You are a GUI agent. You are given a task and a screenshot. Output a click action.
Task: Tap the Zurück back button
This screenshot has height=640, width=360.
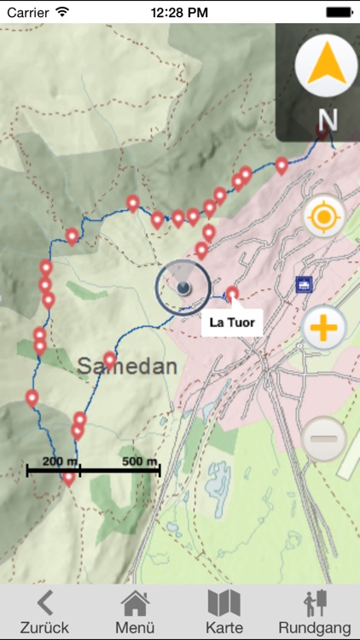tap(44, 612)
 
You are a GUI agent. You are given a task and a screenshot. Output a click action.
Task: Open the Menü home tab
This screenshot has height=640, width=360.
tap(135, 612)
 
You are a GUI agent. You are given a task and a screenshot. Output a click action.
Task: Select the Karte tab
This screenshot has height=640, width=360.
tap(224, 612)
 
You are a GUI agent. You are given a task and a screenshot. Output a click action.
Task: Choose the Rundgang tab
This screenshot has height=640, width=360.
tap(314, 612)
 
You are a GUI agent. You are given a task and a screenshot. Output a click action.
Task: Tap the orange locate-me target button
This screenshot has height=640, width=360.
tap(323, 217)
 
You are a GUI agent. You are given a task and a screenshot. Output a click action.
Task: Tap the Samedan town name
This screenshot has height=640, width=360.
tap(127, 367)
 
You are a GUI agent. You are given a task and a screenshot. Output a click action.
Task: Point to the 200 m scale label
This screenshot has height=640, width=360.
tap(61, 462)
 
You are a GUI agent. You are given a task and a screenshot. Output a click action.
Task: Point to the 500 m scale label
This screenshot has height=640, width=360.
tap(140, 462)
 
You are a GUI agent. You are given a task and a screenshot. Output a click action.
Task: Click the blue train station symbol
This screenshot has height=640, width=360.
tap(303, 284)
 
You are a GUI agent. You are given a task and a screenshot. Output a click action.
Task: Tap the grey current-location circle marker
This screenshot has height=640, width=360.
tap(183, 288)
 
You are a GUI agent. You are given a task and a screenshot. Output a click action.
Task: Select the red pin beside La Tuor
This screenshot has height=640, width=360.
tap(232, 294)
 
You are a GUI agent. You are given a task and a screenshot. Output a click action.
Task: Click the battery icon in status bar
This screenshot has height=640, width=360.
tap(337, 12)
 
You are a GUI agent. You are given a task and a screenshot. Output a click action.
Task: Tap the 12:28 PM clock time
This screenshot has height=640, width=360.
tap(179, 12)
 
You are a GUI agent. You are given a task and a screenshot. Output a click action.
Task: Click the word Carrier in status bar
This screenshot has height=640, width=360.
tap(27, 12)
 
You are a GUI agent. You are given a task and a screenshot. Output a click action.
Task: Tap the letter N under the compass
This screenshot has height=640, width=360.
tap(328, 120)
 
